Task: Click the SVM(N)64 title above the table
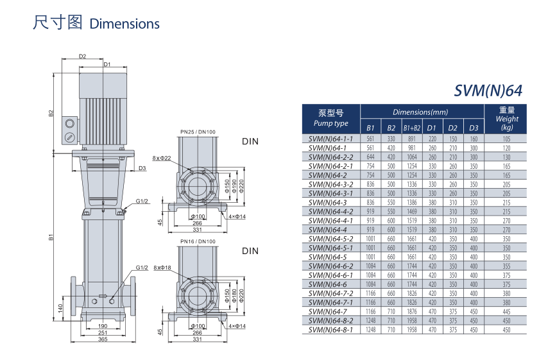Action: click(488, 90)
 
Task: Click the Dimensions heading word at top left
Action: click(124, 24)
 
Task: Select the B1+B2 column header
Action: click(412, 128)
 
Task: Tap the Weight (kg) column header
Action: click(507, 119)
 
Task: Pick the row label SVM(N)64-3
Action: click(327, 202)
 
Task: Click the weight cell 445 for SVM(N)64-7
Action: click(506, 311)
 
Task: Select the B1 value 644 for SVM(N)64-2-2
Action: click(370, 157)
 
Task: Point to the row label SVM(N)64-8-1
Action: click(330, 330)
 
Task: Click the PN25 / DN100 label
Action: click(198, 132)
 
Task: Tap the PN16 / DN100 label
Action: click(198, 241)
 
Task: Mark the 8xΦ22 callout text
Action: click(162, 158)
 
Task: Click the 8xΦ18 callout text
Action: click(162, 268)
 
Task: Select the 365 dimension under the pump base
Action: click(103, 339)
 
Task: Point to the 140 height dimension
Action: click(60, 308)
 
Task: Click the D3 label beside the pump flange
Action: click(142, 168)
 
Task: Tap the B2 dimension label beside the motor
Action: click(51, 113)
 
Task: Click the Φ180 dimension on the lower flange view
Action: click(234, 295)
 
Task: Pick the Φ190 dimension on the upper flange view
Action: click(234, 186)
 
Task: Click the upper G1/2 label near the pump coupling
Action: click(142, 201)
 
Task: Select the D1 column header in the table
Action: click(432, 128)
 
